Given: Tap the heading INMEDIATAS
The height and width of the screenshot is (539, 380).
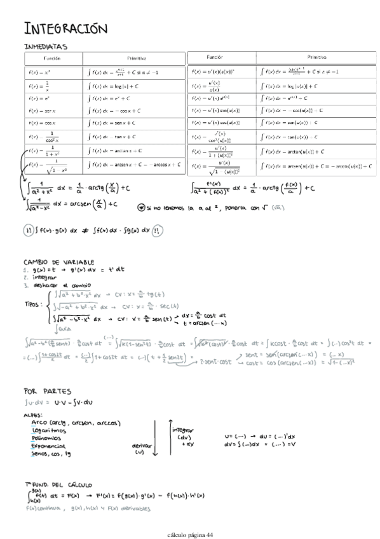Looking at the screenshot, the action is (45, 46).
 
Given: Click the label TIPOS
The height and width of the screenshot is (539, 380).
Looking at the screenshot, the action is (32, 304).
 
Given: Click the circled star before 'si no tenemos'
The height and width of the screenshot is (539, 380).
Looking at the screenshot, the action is (140, 208).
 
